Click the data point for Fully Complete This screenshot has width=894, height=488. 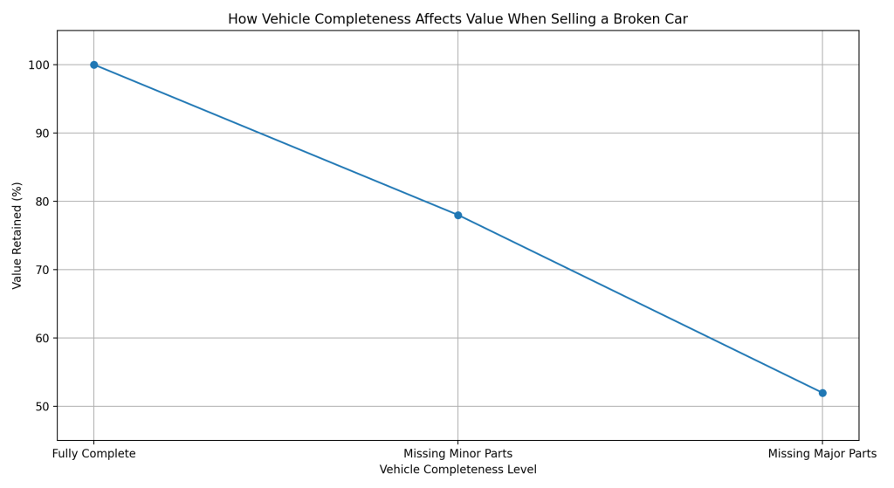(94, 65)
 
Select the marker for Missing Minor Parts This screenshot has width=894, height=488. (457, 215)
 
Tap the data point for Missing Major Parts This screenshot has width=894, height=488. (822, 393)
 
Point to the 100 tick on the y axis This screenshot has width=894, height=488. (39, 65)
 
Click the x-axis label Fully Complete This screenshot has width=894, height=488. (94, 454)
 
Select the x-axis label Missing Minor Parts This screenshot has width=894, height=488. (457, 454)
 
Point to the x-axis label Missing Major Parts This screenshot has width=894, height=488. (822, 454)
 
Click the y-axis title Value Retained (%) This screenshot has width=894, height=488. (17, 236)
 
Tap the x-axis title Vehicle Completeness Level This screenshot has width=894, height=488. (457, 470)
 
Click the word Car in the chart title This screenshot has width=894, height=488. (675, 19)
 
